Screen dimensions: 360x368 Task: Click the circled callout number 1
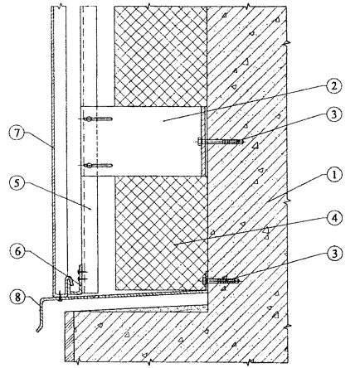[334, 175]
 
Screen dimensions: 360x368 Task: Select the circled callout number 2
[334, 86]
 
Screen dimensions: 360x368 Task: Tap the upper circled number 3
[334, 114]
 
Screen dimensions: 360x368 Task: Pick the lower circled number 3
[334, 254]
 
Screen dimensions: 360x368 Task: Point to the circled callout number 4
[334, 218]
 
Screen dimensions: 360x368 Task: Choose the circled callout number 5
[17, 184]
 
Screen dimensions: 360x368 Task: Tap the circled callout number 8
[17, 297]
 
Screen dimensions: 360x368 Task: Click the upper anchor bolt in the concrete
[221, 142]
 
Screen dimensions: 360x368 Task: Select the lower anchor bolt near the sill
[221, 281]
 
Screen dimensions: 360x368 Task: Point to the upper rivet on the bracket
[95, 119]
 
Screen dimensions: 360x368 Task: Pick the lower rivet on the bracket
[95, 166]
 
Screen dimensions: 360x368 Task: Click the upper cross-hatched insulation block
[161, 56]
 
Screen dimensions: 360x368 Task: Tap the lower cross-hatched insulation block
[161, 233]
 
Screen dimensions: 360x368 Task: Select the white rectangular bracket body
[140, 141]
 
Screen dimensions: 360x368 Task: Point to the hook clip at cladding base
[71, 283]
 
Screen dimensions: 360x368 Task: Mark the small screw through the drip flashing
[60, 297]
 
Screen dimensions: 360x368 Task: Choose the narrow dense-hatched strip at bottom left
[70, 337]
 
